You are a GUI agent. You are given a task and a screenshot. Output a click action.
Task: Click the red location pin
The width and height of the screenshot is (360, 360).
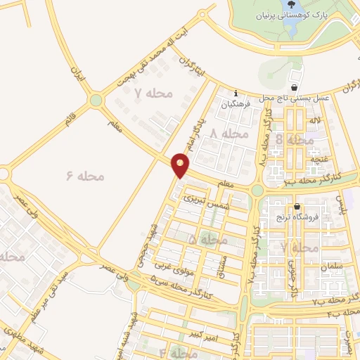181,166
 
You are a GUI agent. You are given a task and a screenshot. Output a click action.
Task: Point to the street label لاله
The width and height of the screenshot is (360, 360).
317,122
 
